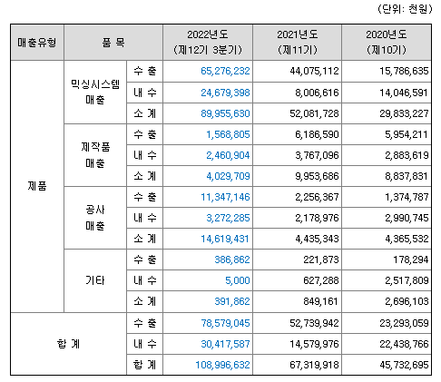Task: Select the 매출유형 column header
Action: pos(36,42)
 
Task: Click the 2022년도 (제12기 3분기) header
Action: pos(210,42)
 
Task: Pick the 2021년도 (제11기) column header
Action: pos(298,42)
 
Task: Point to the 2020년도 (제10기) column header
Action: pos(387,42)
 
